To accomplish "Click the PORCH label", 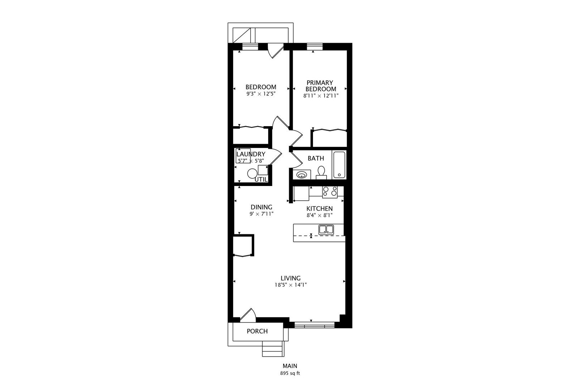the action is [257, 331].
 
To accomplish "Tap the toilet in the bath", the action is [322, 173].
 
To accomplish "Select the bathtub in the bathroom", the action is [339, 165].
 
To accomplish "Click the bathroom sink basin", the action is [301, 175].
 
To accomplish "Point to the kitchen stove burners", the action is [330, 192].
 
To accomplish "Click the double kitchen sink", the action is [326, 230].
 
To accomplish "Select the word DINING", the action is [261, 207].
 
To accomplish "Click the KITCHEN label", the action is [319, 209].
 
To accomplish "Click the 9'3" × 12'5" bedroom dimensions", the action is [261, 94].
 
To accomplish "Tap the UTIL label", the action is [261, 180].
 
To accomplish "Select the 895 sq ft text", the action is [290, 373].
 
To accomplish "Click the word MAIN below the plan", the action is [290, 366].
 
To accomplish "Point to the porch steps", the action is [273, 349].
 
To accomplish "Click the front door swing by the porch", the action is [248, 315].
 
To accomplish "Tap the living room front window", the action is [315, 325].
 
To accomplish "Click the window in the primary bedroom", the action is [315, 47].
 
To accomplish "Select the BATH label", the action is [316, 158].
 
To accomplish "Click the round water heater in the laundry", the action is [252, 173].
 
